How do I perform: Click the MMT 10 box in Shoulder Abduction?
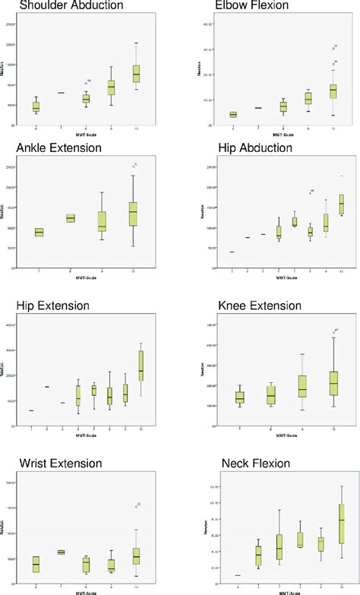(x=136, y=73)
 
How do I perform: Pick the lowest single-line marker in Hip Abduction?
(x=232, y=252)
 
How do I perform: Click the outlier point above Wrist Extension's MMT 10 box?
(x=137, y=506)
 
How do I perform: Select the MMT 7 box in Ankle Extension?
(x=39, y=233)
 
